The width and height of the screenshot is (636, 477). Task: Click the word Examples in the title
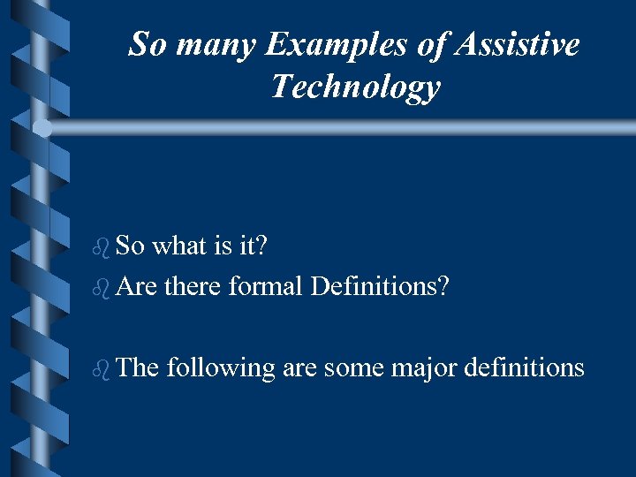(x=322, y=45)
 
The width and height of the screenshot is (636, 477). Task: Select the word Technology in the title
(x=355, y=87)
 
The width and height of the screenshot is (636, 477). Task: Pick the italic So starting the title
(x=148, y=43)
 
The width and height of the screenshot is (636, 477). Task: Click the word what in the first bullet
(x=179, y=245)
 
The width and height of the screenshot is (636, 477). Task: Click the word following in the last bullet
(x=221, y=367)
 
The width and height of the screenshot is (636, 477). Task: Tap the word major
(x=416, y=367)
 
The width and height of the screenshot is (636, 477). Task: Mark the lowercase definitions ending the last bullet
(x=520, y=367)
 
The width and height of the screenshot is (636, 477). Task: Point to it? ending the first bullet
(x=253, y=245)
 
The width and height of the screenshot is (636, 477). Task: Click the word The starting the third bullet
(x=136, y=367)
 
